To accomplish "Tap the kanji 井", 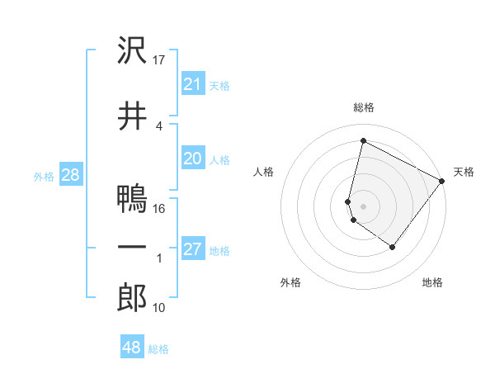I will coord(132,116).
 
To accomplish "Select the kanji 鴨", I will coord(132,199).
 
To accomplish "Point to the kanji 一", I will coord(132,248).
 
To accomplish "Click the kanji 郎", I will coord(132,298).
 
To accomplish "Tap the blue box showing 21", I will coord(193,83).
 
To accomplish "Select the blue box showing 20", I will coord(193,159).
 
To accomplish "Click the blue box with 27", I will coord(193,249).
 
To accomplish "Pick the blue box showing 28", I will coord(70,175).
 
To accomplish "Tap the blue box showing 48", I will coord(132,348).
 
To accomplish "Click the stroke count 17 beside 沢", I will coord(160,60).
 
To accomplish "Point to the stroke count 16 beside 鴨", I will coord(160,209).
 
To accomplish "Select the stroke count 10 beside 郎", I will coord(160,308).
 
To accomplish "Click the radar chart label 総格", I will coord(364,107).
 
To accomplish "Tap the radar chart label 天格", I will coord(464,172).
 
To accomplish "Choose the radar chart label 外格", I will coord(290,282).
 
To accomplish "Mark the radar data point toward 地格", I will coord(393,247).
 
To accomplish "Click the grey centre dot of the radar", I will coord(364,206).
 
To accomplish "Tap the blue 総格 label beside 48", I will coord(158,349).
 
